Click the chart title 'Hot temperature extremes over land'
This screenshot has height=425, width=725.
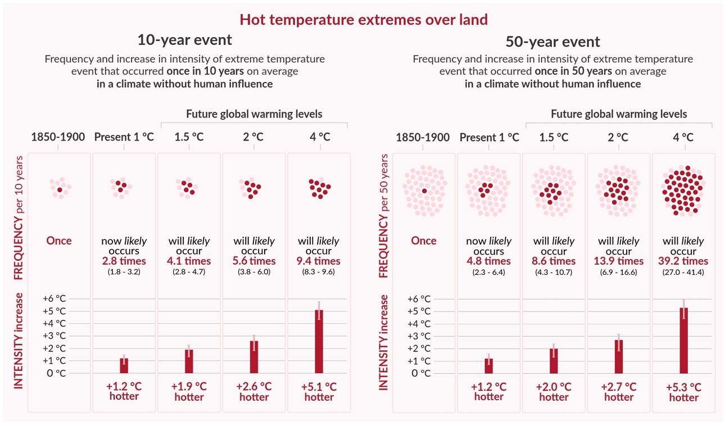[x=363, y=20]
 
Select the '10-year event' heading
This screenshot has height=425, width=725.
[x=184, y=40]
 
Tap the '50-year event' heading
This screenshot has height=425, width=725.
[x=553, y=42]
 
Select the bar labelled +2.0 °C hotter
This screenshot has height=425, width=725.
[x=554, y=360]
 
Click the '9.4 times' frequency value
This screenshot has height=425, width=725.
[x=319, y=261]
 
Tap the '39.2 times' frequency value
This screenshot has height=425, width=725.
[x=683, y=261]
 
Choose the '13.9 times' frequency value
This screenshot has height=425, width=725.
[x=619, y=261]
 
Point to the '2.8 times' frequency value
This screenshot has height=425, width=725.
[x=124, y=261]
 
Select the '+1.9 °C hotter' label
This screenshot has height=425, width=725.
[x=189, y=391]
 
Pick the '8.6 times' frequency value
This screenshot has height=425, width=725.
[x=554, y=261]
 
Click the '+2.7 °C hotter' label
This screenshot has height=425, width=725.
[x=619, y=392]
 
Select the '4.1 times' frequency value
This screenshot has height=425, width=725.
[x=189, y=261]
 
